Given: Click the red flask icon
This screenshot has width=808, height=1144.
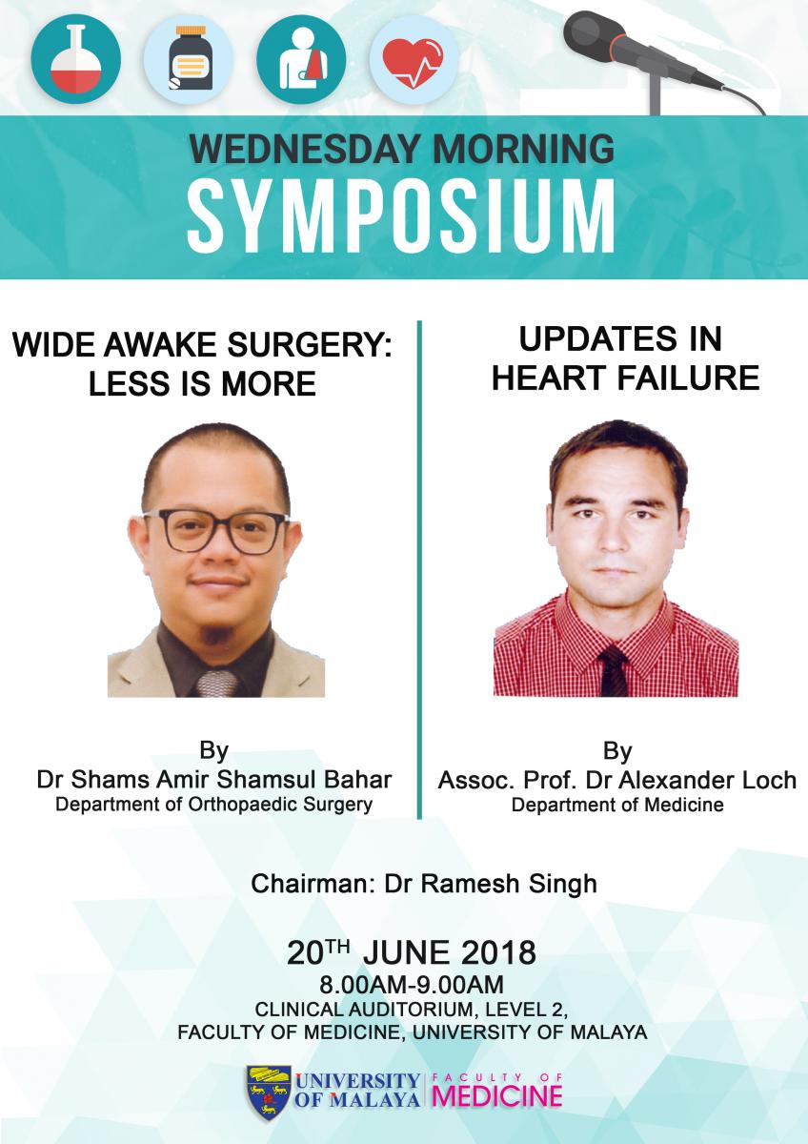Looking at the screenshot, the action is [x=75, y=59].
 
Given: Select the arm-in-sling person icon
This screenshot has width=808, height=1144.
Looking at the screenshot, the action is [x=301, y=59].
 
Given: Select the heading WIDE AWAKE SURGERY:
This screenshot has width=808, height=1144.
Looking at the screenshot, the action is [x=202, y=345].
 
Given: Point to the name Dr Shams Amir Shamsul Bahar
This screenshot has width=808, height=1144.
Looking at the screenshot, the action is [x=214, y=780].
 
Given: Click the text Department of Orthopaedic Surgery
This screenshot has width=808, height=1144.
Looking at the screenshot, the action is [x=213, y=805].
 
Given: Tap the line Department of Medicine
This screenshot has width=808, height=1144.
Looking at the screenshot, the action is [x=617, y=805].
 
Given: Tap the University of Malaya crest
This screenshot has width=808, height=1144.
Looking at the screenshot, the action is [x=269, y=1092].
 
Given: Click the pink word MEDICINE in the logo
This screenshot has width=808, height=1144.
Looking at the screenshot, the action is [x=497, y=1095].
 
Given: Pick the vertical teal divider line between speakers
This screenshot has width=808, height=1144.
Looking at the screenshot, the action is [x=419, y=569].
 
